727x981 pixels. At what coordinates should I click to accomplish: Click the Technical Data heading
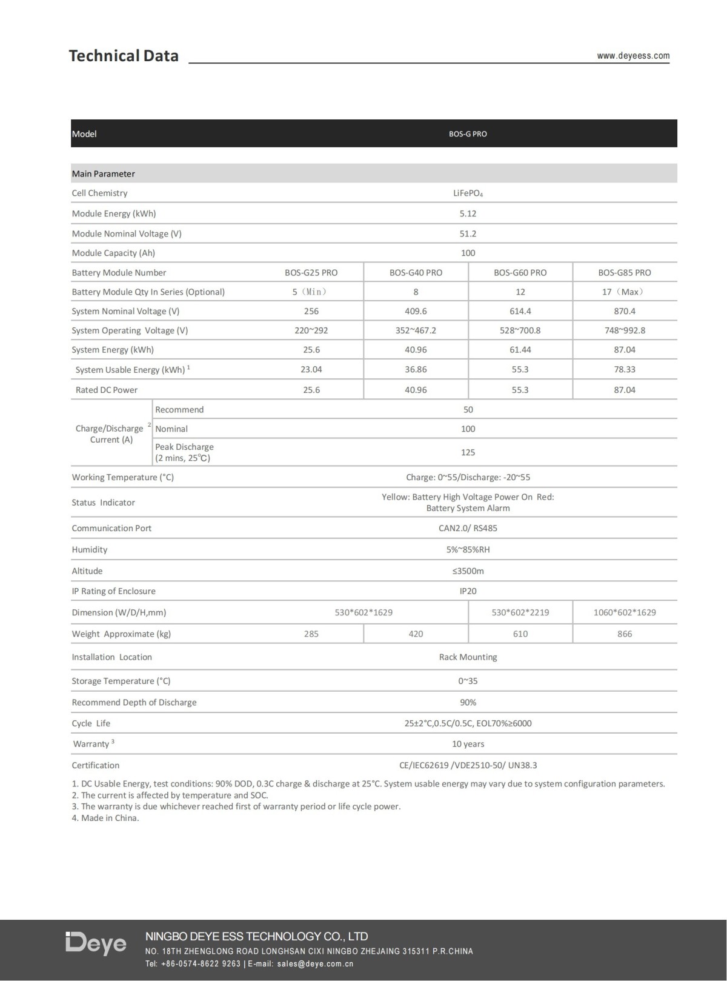pyautogui.click(x=124, y=56)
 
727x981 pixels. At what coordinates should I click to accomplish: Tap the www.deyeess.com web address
pyautogui.click(x=633, y=56)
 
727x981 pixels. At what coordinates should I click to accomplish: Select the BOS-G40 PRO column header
pyautogui.click(x=416, y=273)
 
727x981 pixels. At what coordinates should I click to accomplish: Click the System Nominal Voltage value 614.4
pyautogui.click(x=520, y=311)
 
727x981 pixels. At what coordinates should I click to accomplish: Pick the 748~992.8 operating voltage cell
pyautogui.click(x=625, y=330)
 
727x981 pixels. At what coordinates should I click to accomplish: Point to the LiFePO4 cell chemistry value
pyautogui.click(x=468, y=193)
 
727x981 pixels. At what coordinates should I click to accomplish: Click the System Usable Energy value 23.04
pyautogui.click(x=311, y=369)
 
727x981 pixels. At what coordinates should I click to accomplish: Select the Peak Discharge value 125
pyautogui.click(x=468, y=452)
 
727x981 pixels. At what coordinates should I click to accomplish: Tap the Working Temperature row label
pyautogui.click(x=122, y=477)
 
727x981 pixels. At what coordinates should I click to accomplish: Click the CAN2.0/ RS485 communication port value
pyautogui.click(x=468, y=528)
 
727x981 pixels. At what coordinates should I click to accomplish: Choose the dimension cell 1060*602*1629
pyautogui.click(x=625, y=612)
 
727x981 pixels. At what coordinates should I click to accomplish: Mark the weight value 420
pyautogui.click(x=416, y=634)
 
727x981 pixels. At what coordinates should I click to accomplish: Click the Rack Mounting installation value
pyautogui.click(x=468, y=657)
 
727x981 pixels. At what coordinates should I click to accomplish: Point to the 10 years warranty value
pyautogui.click(x=468, y=744)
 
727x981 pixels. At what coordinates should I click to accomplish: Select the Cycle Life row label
pyautogui.click(x=91, y=723)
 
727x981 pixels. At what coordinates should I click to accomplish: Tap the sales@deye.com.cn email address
pyautogui.click(x=315, y=963)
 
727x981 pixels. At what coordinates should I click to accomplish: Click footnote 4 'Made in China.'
pyautogui.click(x=105, y=818)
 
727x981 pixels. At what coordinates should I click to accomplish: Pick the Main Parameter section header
pyautogui.click(x=103, y=174)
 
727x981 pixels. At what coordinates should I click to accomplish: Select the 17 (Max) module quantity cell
pyautogui.click(x=625, y=292)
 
